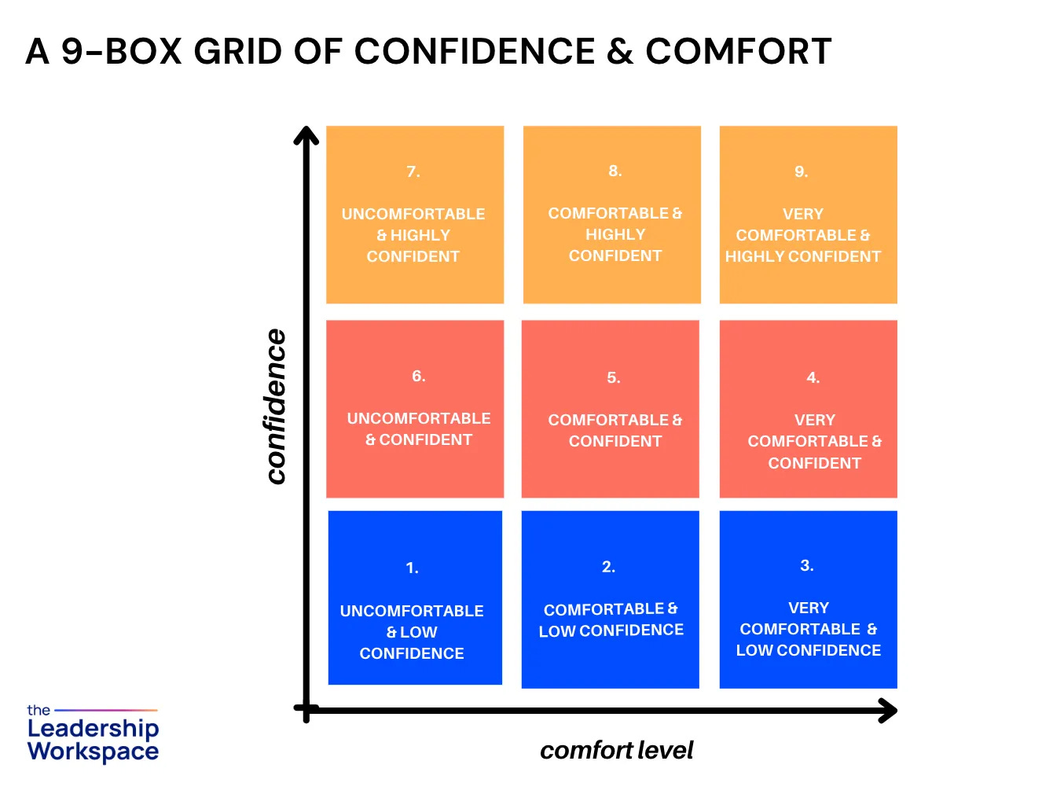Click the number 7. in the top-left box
[x=413, y=171]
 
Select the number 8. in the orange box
[x=615, y=171]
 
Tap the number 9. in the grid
[x=802, y=171]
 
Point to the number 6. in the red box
[x=419, y=376]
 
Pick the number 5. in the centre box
[x=614, y=377]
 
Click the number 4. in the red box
[x=813, y=377]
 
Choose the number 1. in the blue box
[x=412, y=568]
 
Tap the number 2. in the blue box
[x=608, y=567]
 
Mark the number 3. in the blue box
[x=807, y=565]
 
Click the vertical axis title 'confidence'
[x=275, y=406]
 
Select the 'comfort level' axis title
[x=617, y=751]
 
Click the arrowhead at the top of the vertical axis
[x=306, y=136]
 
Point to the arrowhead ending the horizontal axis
[x=888, y=711]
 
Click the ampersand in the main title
[x=620, y=52]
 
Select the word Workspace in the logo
[x=93, y=751]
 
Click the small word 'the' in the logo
[x=39, y=711]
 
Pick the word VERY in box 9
[x=803, y=214]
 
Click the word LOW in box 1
[x=418, y=632]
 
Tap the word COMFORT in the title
[x=739, y=52]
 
